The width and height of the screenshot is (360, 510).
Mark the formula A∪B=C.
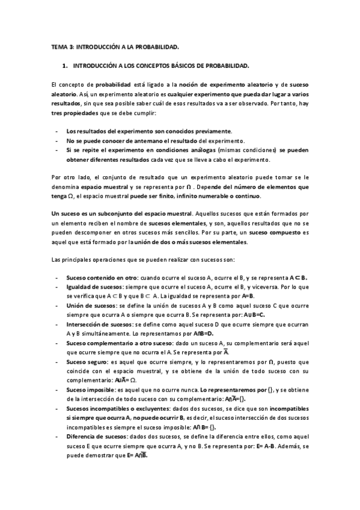click(x=253, y=315)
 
